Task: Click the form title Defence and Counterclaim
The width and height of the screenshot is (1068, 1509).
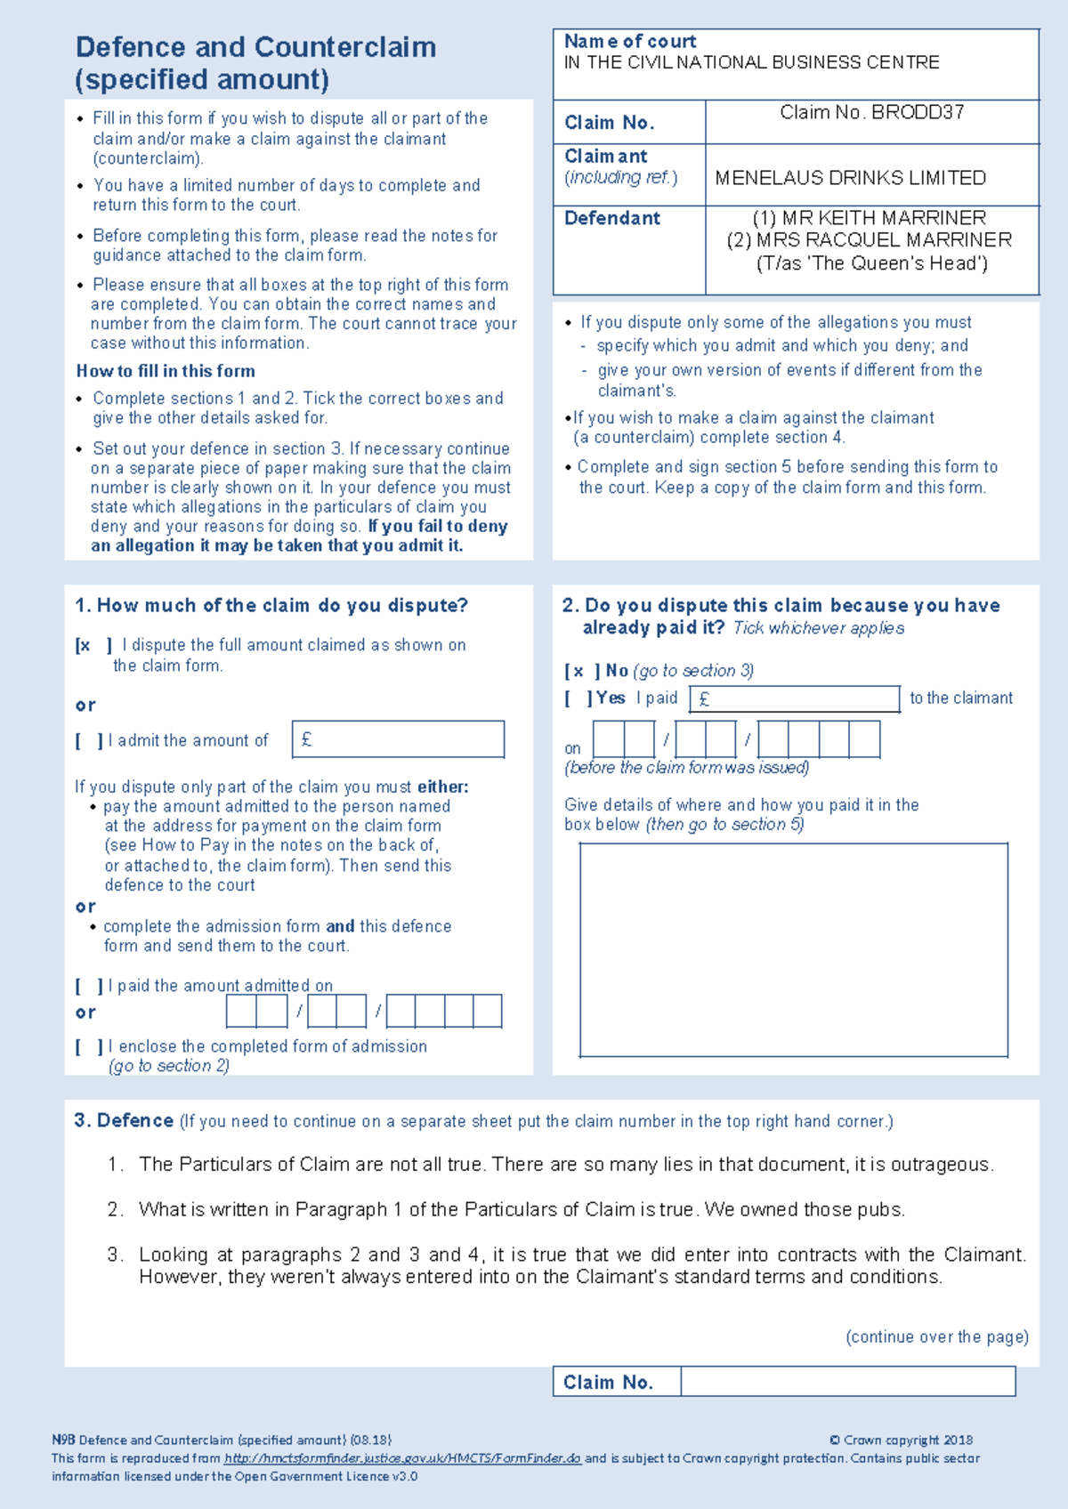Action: pos(255,47)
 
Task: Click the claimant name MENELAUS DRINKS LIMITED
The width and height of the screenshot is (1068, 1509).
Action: pos(850,178)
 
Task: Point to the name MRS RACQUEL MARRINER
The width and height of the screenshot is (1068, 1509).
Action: pos(884,240)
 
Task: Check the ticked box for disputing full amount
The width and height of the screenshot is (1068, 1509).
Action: pos(93,646)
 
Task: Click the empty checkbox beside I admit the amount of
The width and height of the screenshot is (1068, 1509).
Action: pos(89,740)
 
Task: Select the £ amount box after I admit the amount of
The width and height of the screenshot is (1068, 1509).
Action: pos(398,739)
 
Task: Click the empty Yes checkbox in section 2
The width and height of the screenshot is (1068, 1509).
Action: pos(578,698)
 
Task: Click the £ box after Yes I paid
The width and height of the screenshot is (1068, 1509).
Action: pos(794,699)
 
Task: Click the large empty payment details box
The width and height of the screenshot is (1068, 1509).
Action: pos(793,949)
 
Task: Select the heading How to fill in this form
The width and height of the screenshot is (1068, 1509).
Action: pos(166,371)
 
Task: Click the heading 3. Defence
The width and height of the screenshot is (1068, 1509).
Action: pos(124,1121)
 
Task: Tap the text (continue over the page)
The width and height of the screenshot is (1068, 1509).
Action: pos(936,1336)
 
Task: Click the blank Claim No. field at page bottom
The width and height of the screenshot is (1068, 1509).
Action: pos(847,1382)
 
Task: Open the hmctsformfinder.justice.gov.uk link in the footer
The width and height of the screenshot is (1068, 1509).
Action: pos(402,1458)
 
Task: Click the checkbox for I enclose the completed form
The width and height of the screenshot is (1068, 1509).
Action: pos(89,1047)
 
